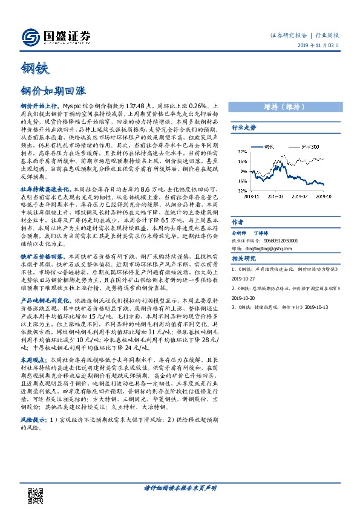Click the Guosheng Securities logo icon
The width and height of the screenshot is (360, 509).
click(x=30, y=37)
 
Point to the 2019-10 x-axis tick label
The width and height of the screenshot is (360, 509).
click(x=325, y=196)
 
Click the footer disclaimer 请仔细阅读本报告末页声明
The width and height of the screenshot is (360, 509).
click(x=180, y=488)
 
